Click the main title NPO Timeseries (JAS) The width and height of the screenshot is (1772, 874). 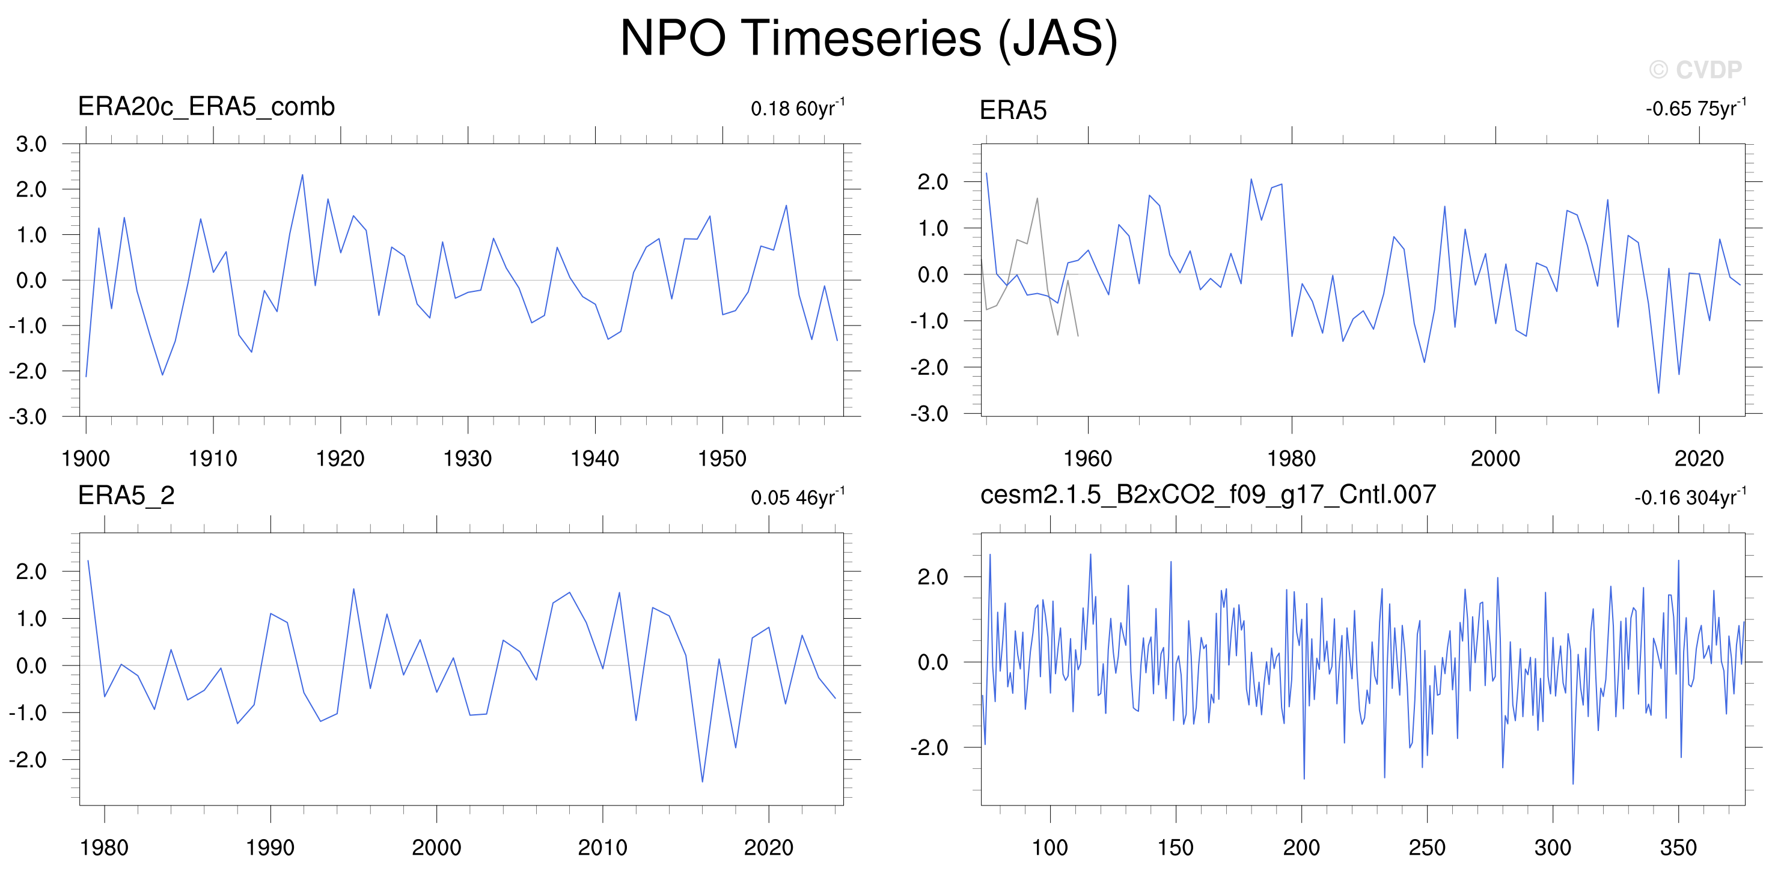(x=868, y=38)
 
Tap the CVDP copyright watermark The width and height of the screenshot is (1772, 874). (x=1696, y=70)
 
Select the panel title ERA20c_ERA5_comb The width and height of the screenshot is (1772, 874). (x=206, y=106)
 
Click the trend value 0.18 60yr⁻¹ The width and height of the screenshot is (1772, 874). (x=798, y=108)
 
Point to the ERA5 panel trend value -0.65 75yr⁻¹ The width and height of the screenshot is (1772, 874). (x=1696, y=108)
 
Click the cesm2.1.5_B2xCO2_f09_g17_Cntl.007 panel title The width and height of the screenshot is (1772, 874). (x=1208, y=494)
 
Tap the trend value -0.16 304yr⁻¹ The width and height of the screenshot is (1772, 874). (x=1690, y=497)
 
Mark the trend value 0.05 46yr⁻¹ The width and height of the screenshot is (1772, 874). (x=798, y=497)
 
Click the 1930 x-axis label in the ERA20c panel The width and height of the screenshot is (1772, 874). (x=468, y=459)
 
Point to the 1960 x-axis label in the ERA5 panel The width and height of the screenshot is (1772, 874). (x=1087, y=459)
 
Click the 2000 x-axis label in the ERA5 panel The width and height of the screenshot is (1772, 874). (x=1495, y=459)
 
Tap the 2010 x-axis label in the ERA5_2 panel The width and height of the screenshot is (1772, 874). (x=603, y=847)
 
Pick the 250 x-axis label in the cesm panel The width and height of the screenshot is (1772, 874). (x=1427, y=847)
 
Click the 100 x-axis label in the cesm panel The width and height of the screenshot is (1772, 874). (x=1049, y=847)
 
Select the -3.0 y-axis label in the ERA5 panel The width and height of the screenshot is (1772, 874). (x=929, y=414)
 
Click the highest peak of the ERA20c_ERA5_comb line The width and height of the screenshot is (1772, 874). (x=302, y=175)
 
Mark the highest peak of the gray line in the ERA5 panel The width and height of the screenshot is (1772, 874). (x=1037, y=198)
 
